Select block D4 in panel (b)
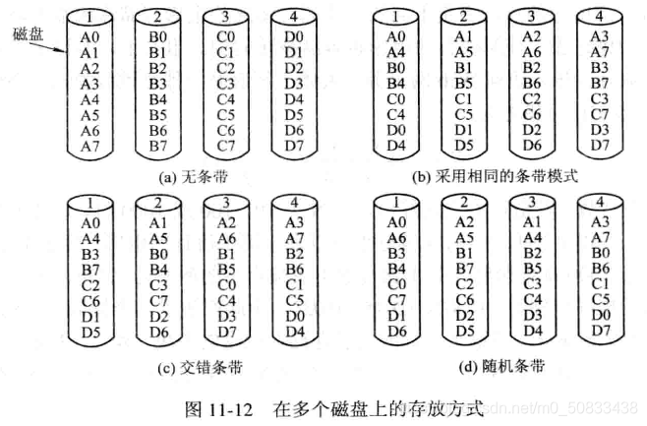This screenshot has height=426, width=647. (394, 147)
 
